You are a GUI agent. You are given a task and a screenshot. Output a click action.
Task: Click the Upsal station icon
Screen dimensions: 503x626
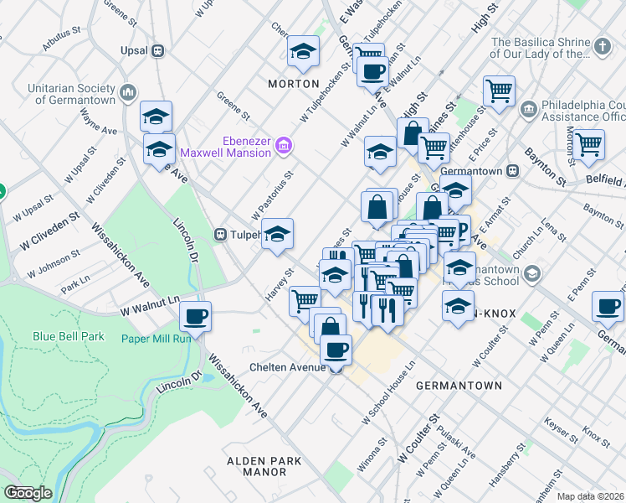(156, 50)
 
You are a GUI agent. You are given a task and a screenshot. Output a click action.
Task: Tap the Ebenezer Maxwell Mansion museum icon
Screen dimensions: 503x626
(284, 147)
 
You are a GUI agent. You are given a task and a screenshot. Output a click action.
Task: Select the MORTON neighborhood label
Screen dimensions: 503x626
(293, 84)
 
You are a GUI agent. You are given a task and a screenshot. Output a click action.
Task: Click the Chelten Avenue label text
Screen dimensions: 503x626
(287, 367)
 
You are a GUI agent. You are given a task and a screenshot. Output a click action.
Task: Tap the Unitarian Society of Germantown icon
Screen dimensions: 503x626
(128, 91)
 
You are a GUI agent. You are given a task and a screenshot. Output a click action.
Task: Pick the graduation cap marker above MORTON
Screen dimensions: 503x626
(302, 51)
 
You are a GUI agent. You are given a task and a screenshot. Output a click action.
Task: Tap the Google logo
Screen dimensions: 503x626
(28, 492)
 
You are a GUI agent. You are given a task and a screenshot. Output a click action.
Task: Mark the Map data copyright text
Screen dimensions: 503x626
(590, 496)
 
